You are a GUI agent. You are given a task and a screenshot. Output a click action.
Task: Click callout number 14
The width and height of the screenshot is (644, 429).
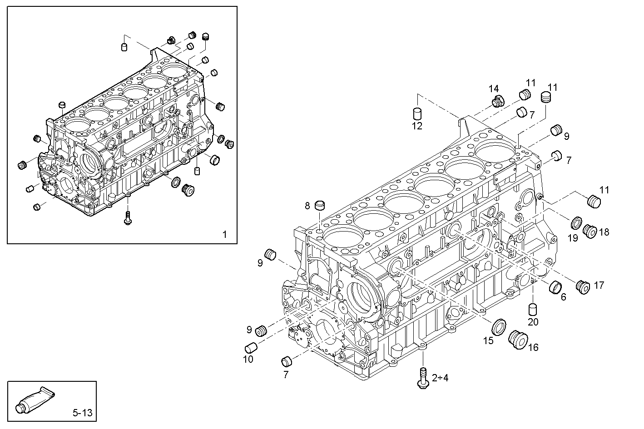(x=494, y=88)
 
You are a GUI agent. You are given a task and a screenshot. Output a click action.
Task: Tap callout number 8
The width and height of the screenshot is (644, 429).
(x=307, y=206)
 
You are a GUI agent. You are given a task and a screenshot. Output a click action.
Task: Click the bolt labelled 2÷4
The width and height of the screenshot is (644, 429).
(x=422, y=377)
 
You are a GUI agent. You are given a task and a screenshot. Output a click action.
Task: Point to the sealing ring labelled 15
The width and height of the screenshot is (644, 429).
(x=499, y=325)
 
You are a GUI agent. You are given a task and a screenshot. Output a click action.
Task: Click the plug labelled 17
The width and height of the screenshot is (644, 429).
(x=582, y=286)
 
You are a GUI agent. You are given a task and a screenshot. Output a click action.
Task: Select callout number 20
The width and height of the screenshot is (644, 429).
(x=533, y=322)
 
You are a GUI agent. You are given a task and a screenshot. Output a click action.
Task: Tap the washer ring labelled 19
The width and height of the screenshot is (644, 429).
(x=576, y=223)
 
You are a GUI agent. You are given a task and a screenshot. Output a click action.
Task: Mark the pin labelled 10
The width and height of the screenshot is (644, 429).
(x=251, y=348)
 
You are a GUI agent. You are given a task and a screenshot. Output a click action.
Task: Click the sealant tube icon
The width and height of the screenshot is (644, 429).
(x=35, y=399)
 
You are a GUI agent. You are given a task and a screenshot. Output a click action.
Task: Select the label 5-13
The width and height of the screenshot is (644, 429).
(x=82, y=413)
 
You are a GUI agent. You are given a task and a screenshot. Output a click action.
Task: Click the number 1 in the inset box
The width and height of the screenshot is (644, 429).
(x=224, y=234)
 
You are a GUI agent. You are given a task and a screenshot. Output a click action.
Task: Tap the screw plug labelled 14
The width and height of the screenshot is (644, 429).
(x=498, y=102)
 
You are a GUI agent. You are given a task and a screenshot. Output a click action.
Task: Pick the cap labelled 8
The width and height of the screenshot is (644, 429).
(x=321, y=205)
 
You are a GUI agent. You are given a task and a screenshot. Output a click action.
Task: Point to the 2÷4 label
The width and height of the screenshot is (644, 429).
(x=440, y=378)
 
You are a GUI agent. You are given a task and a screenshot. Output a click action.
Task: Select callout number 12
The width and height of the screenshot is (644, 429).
(x=417, y=126)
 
